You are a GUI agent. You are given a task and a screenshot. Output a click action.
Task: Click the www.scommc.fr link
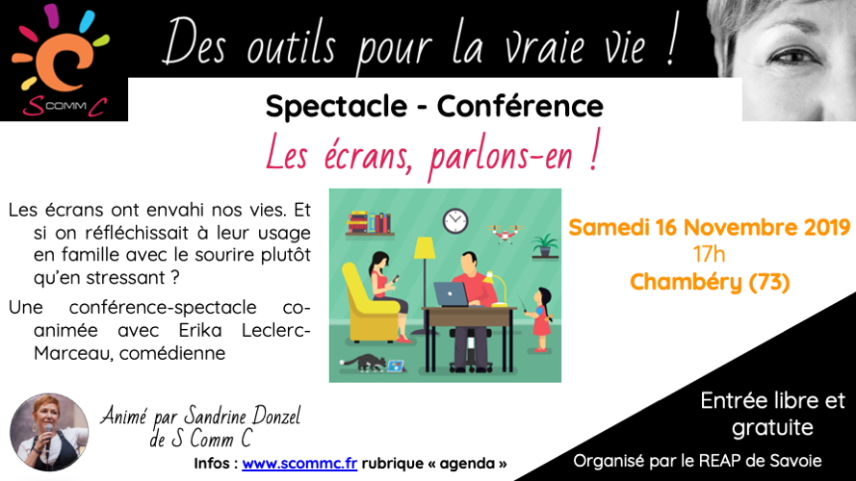click(x=299, y=464)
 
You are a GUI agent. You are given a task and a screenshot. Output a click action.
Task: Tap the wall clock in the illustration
click(x=455, y=221)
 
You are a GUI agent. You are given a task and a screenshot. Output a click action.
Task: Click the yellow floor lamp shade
click(x=425, y=248)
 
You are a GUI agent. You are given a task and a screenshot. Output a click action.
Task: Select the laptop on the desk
click(x=452, y=294)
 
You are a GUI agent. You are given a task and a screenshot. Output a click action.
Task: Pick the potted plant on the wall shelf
click(x=545, y=245)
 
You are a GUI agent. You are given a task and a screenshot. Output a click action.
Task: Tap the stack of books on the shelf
click(x=369, y=222)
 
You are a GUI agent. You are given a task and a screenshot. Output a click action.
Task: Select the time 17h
click(x=709, y=254)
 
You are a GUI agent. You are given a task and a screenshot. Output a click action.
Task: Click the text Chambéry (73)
click(x=710, y=283)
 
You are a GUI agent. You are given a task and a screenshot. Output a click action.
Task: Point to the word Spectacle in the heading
click(x=336, y=107)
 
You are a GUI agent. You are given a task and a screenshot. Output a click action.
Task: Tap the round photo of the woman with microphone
click(x=49, y=433)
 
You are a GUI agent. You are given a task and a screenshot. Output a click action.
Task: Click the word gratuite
click(x=772, y=427)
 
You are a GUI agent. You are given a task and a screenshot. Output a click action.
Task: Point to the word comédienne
click(x=172, y=353)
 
